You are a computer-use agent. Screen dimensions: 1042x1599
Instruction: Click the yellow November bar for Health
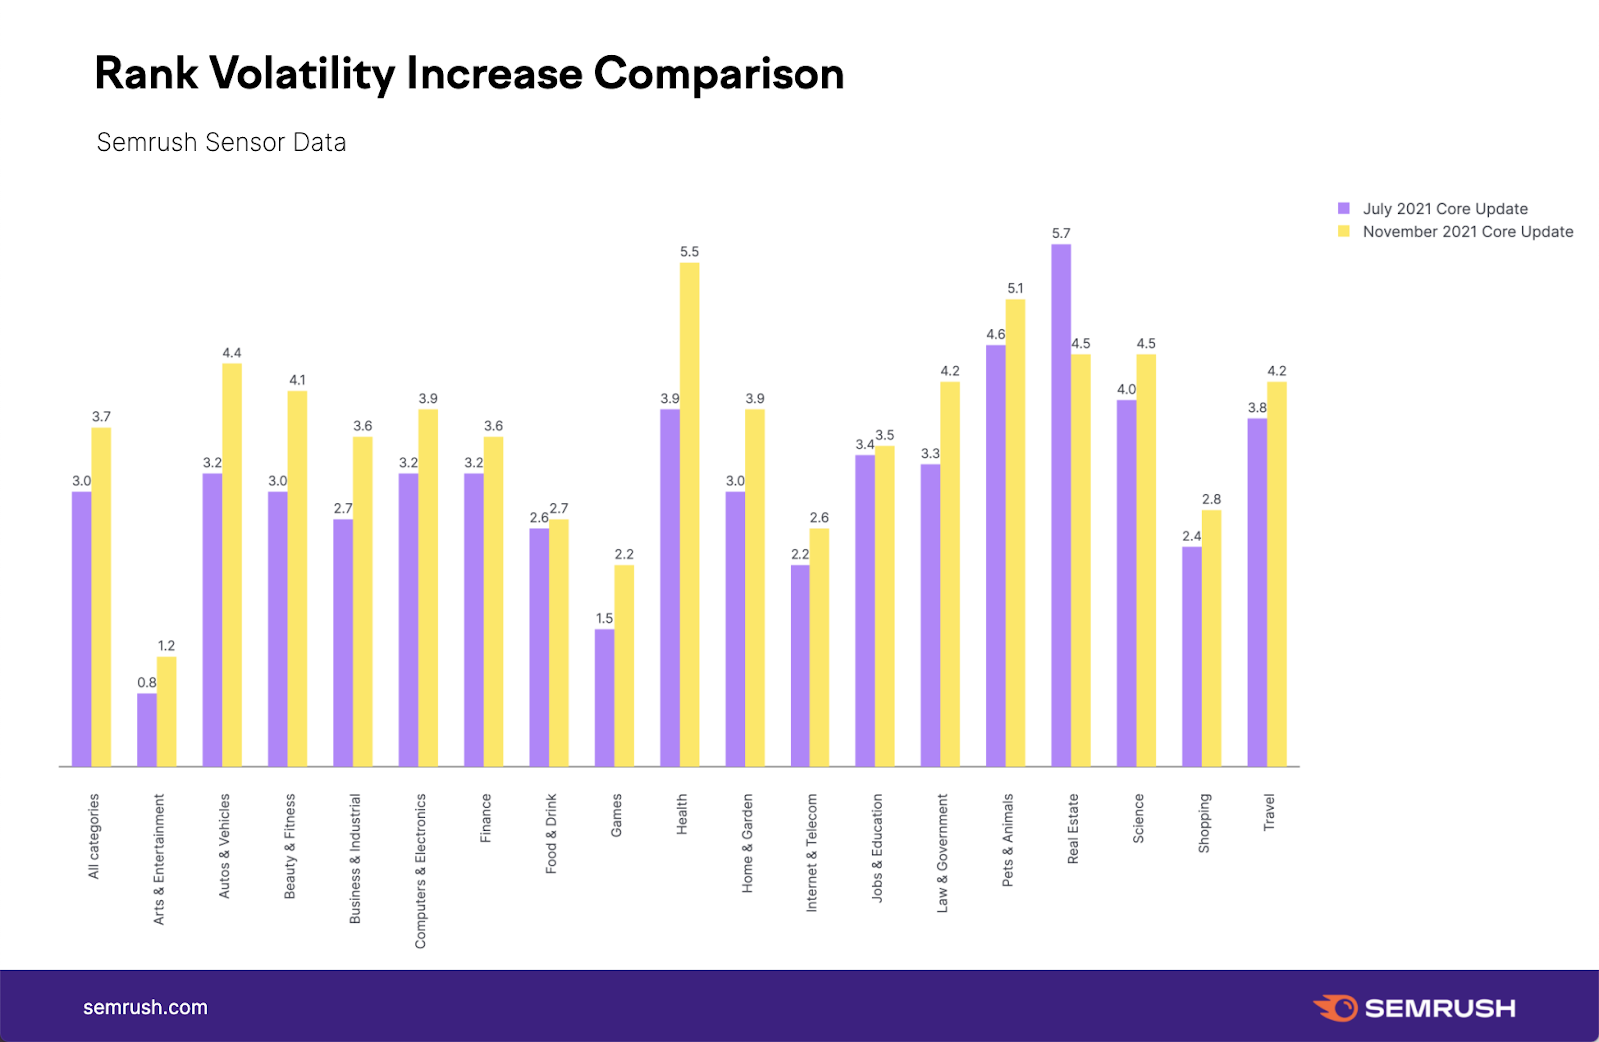click(x=689, y=515)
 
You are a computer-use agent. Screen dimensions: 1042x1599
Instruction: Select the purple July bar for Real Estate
click(x=1061, y=505)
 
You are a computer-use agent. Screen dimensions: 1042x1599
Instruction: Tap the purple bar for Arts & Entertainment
click(x=147, y=730)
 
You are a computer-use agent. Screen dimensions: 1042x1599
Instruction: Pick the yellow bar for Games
click(x=624, y=666)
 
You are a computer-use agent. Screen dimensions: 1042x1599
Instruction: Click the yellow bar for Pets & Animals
click(x=1015, y=533)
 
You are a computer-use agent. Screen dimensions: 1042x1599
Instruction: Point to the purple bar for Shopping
click(x=1192, y=656)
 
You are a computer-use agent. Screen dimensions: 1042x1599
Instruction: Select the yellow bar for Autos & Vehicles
click(x=232, y=565)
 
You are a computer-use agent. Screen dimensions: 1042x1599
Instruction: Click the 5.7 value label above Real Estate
click(x=1061, y=233)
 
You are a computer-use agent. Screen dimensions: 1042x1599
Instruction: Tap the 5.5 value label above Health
click(x=689, y=252)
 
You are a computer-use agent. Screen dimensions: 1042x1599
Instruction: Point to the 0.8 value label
click(x=147, y=683)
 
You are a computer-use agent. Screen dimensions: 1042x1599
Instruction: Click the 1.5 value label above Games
click(x=604, y=618)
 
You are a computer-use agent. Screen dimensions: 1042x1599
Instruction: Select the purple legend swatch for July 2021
click(x=1344, y=209)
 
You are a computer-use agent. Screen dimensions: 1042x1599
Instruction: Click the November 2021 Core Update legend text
click(x=1467, y=232)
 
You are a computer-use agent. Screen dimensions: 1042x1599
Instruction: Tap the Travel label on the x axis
click(x=1269, y=812)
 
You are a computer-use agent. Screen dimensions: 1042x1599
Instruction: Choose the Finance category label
click(x=486, y=818)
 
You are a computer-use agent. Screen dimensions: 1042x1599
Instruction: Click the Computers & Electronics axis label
click(x=421, y=870)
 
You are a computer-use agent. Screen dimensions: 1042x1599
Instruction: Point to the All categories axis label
click(x=94, y=836)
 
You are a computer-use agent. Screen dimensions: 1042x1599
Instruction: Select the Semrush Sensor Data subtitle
click(x=221, y=143)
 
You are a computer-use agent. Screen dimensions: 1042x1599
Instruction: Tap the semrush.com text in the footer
click(x=145, y=1008)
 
